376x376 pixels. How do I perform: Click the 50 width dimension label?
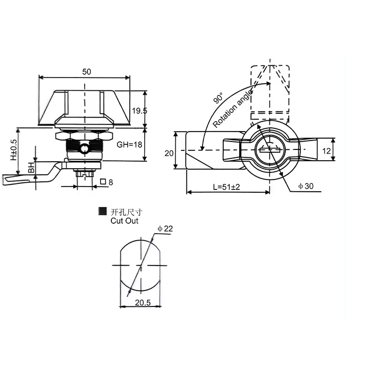pyautogui.click(x=86, y=71)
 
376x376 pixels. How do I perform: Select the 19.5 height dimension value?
pyautogui.click(x=139, y=111)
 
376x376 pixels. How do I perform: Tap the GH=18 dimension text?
pyautogui.click(x=130, y=145)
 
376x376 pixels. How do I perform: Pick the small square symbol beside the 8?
pyautogui.click(x=102, y=182)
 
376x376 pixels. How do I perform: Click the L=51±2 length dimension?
pyautogui.click(x=226, y=187)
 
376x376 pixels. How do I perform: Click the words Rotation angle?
pyautogui.click(x=233, y=109)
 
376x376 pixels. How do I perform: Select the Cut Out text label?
pyautogui.click(x=125, y=221)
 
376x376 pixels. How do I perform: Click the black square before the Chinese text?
pyautogui.click(x=102, y=212)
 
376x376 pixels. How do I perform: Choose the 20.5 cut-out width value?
pyautogui.click(x=141, y=303)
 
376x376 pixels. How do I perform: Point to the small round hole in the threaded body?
pyautogui.click(x=84, y=149)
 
